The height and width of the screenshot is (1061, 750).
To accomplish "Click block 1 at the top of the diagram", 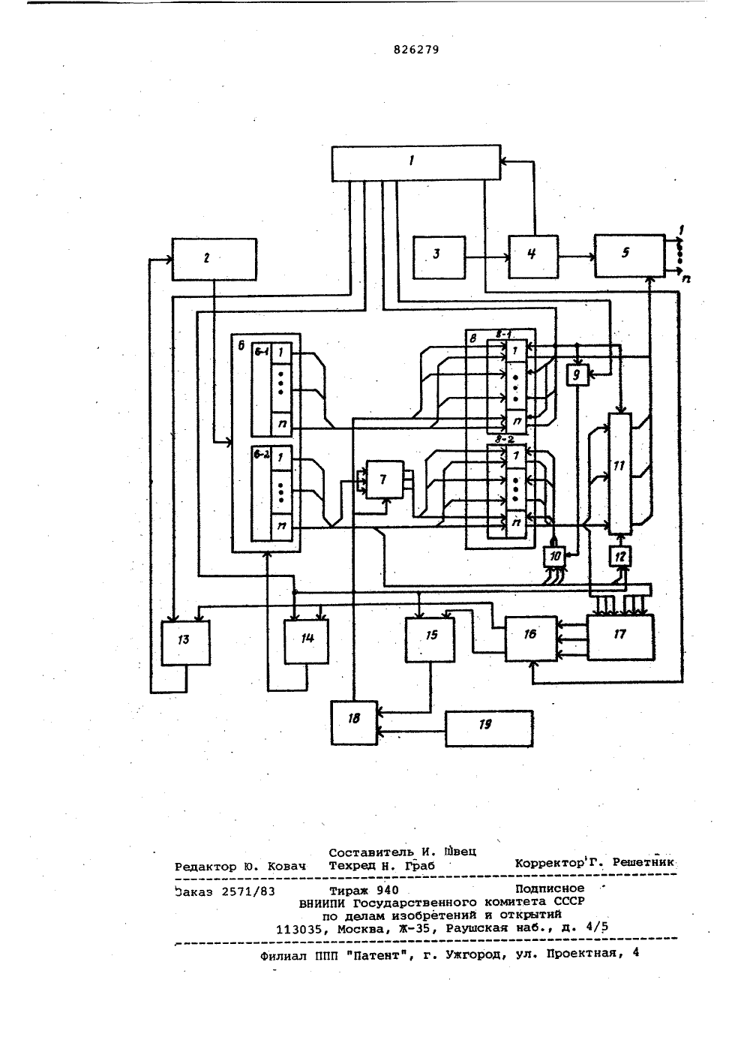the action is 415,163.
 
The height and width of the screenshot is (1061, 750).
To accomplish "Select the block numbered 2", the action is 214,259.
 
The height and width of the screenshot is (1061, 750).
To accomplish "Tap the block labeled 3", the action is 439,257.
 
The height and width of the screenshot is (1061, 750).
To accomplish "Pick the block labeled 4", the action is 533,257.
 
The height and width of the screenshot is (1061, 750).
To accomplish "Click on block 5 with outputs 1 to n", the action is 630,255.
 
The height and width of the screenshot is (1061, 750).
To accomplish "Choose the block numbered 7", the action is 385,479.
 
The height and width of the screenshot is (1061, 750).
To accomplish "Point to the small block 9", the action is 577,375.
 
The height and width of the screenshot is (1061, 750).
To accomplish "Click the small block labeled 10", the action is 555,556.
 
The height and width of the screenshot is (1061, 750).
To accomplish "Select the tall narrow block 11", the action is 619,473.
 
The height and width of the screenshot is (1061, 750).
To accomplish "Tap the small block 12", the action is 620,556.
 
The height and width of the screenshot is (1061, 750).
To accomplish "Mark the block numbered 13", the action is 185,643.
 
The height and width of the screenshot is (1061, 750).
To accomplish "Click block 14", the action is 306,642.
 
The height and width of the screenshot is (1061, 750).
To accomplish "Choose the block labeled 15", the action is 430,639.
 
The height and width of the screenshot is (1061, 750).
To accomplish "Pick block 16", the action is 531,638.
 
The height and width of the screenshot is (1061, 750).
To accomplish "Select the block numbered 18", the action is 354,723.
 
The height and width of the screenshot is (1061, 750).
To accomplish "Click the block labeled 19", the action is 489,728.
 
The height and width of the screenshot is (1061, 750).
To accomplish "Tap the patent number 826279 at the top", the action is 416,50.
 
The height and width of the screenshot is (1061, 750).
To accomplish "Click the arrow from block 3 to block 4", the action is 487,257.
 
